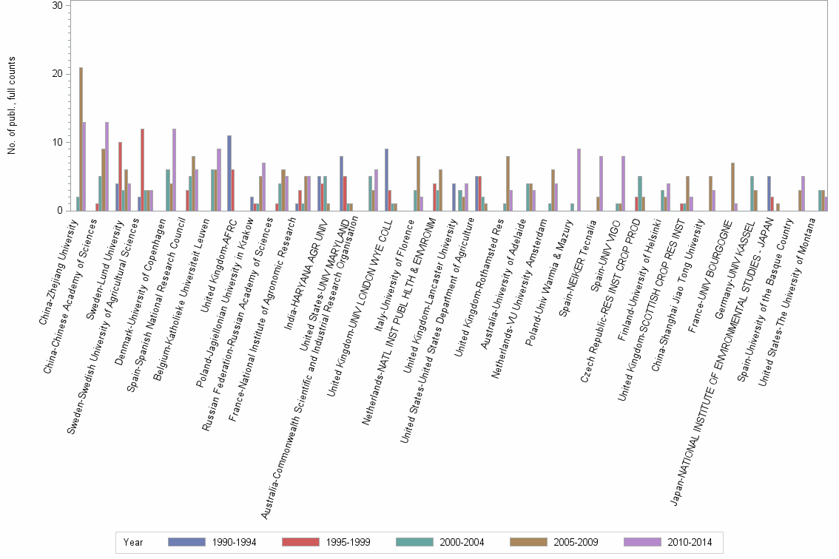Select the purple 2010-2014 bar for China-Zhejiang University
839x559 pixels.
(84, 166)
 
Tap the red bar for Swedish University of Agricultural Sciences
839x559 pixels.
(142, 170)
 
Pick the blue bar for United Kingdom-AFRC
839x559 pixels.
(229, 173)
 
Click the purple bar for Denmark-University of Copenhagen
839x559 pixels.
(174, 170)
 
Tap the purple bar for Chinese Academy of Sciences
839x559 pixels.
(107, 166)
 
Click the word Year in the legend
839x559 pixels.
(134, 542)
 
